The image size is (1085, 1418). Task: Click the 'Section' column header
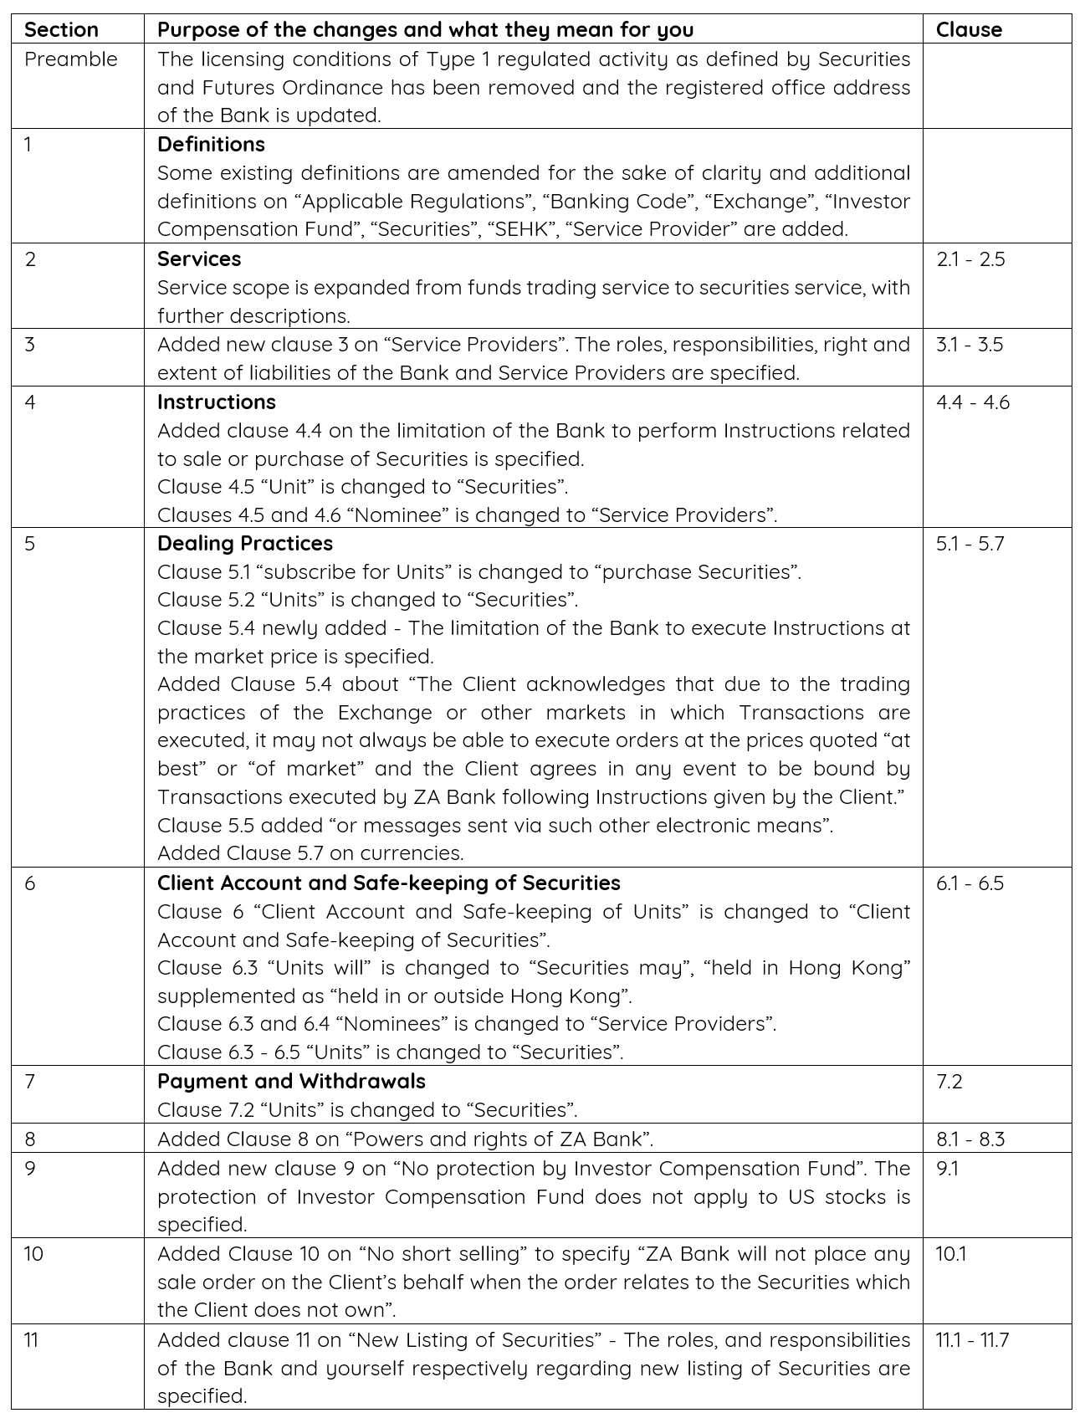61,30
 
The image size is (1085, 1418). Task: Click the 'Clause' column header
969,30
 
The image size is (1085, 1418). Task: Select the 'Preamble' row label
71,59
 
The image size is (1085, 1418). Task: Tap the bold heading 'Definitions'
211,144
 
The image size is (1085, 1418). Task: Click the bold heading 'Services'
199,259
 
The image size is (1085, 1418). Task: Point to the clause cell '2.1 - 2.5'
970,259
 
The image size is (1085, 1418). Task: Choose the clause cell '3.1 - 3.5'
970,345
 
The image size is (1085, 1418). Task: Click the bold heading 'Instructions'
217,402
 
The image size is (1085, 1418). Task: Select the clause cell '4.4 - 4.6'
973,402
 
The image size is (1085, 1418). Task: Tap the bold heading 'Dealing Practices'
245,543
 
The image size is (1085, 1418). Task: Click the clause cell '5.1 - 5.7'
970,543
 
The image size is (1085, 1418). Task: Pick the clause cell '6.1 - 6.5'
970,883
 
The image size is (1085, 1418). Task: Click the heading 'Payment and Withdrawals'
291,1081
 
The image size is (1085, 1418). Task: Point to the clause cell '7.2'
949,1081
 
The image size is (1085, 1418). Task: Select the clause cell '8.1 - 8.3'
970,1139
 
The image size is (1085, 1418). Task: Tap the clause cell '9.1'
947,1168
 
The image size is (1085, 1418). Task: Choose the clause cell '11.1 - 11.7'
972,1339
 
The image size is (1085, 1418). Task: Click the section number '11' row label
31,1339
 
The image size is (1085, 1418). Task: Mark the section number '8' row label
30,1139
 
